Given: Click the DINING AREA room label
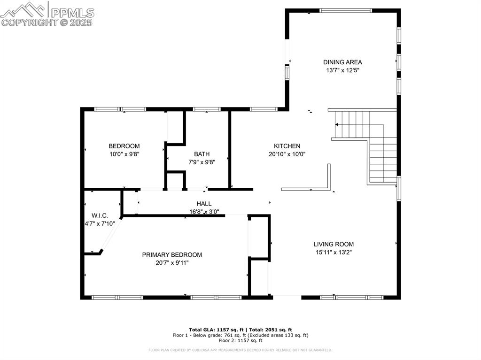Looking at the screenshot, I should (x=342, y=62).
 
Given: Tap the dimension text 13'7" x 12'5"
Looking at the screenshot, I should (x=342, y=70).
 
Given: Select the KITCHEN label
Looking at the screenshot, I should (x=287, y=146).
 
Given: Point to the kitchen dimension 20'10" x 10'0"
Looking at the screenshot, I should (x=287, y=154).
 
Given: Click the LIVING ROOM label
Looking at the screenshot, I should (x=334, y=244).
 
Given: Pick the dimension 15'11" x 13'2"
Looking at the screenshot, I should (x=334, y=252).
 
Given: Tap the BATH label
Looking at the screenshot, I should (x=202, y=154).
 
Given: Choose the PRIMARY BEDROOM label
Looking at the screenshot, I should (x=172, y=255).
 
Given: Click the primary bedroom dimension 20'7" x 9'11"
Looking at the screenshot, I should (x=172, y=263).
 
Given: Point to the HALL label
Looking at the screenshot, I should (x=204, y=204).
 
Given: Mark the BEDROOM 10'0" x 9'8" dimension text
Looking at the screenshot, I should (x=124, y=154).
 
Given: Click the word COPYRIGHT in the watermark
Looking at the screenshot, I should (x=30, y=22).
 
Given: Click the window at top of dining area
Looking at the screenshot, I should (x=346, y=10).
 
